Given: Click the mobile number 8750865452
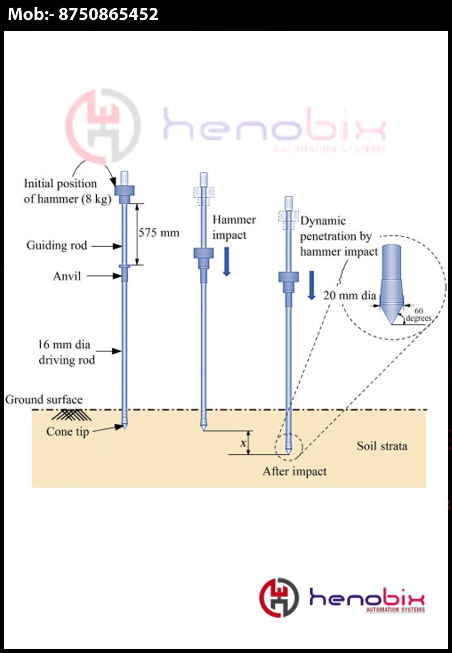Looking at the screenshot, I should coord(108,14).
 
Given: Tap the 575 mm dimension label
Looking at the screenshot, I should coord(159,233).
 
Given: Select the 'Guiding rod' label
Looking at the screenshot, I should coord(56,246).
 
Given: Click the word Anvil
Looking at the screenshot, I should coord(67,276).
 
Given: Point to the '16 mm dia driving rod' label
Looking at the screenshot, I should coord(66,352).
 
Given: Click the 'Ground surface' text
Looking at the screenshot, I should coord(44,400).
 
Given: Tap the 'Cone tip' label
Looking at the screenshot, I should coord(67,431).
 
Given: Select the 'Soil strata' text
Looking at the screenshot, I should coord(382,446).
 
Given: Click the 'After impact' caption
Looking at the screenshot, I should coord(295,472).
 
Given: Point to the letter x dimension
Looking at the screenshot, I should coord(243,443).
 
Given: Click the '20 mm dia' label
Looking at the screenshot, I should coord(349,296).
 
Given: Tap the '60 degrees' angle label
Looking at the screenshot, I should coord(419,314).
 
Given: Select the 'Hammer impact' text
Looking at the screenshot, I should coord(234,227).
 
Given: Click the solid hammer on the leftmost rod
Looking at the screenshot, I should coord(124,191).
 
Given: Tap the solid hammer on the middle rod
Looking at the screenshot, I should coord(203,255).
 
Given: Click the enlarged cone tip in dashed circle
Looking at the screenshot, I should coord(391,285).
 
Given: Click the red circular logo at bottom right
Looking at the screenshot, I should coord(279,597).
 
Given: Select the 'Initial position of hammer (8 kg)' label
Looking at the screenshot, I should coord(67,191).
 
